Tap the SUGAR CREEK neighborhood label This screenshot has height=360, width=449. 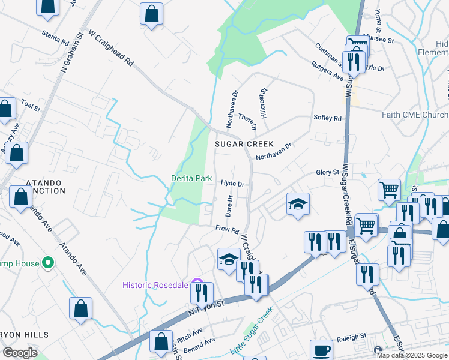(244, 145)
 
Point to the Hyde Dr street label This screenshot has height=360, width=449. (232, 184)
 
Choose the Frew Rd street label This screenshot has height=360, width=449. (228, 230)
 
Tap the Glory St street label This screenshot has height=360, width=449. (328, 172)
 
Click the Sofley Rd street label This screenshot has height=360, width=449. (327, 118)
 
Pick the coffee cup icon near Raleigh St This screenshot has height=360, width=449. (321, 350)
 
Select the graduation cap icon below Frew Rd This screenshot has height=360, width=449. (229, 259)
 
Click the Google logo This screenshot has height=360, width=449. (20, 353)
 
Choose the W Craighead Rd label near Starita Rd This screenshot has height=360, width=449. (110, 49)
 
